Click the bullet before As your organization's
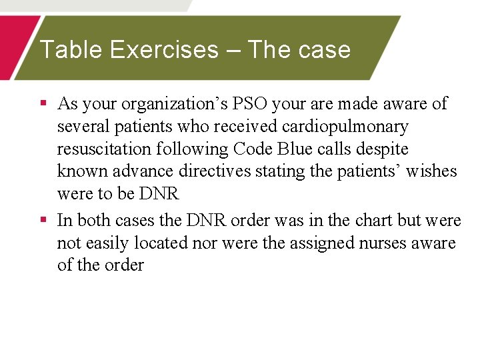pyautogui.click(x=43, y=104)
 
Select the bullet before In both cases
pyautogui.click(x=43, y=220)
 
